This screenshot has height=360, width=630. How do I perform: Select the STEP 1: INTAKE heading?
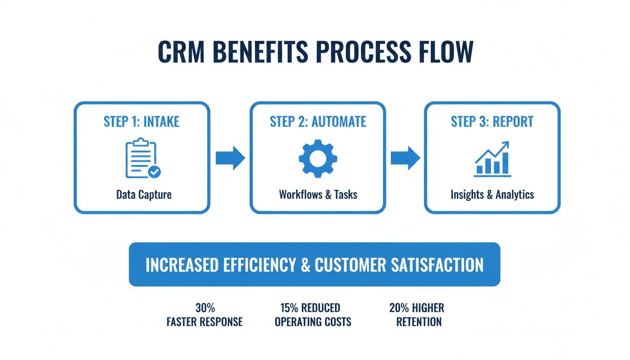coord(142,122)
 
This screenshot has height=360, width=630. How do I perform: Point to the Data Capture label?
coord(144,194)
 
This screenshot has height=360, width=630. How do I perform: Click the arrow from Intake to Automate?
coord(230,159)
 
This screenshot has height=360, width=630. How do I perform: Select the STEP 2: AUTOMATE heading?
coord(318,122)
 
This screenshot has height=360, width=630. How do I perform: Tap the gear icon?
coord(317,158)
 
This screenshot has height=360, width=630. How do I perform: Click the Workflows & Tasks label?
coord(318,194)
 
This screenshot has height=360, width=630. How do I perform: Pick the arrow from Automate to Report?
coord(405,158)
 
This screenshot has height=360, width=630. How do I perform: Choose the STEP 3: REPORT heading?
coord(492,122)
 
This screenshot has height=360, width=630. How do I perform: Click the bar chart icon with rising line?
coord(492,159)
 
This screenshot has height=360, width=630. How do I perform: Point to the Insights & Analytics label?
coord(492,194)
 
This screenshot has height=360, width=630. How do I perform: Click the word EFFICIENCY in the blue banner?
coord(251,265)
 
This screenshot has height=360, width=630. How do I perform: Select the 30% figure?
coord(205,308)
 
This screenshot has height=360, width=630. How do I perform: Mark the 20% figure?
coord(399,308)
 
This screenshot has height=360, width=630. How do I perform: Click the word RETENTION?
coord(419,322)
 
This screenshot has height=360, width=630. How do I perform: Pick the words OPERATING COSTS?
coord(313,322)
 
